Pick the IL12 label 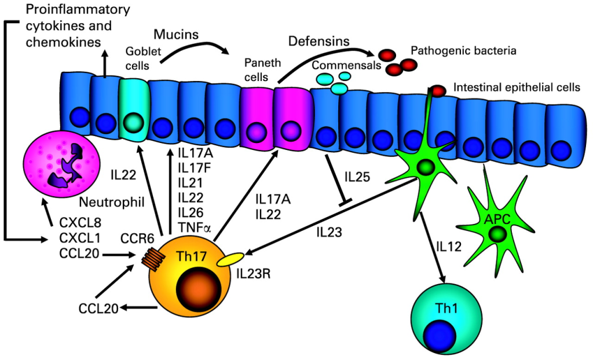[449, 245]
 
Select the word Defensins [319, 42]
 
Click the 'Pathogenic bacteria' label [463, 51]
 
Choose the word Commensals [346, 65]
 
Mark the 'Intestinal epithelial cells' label [517, 88]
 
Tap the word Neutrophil [105, 202]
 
